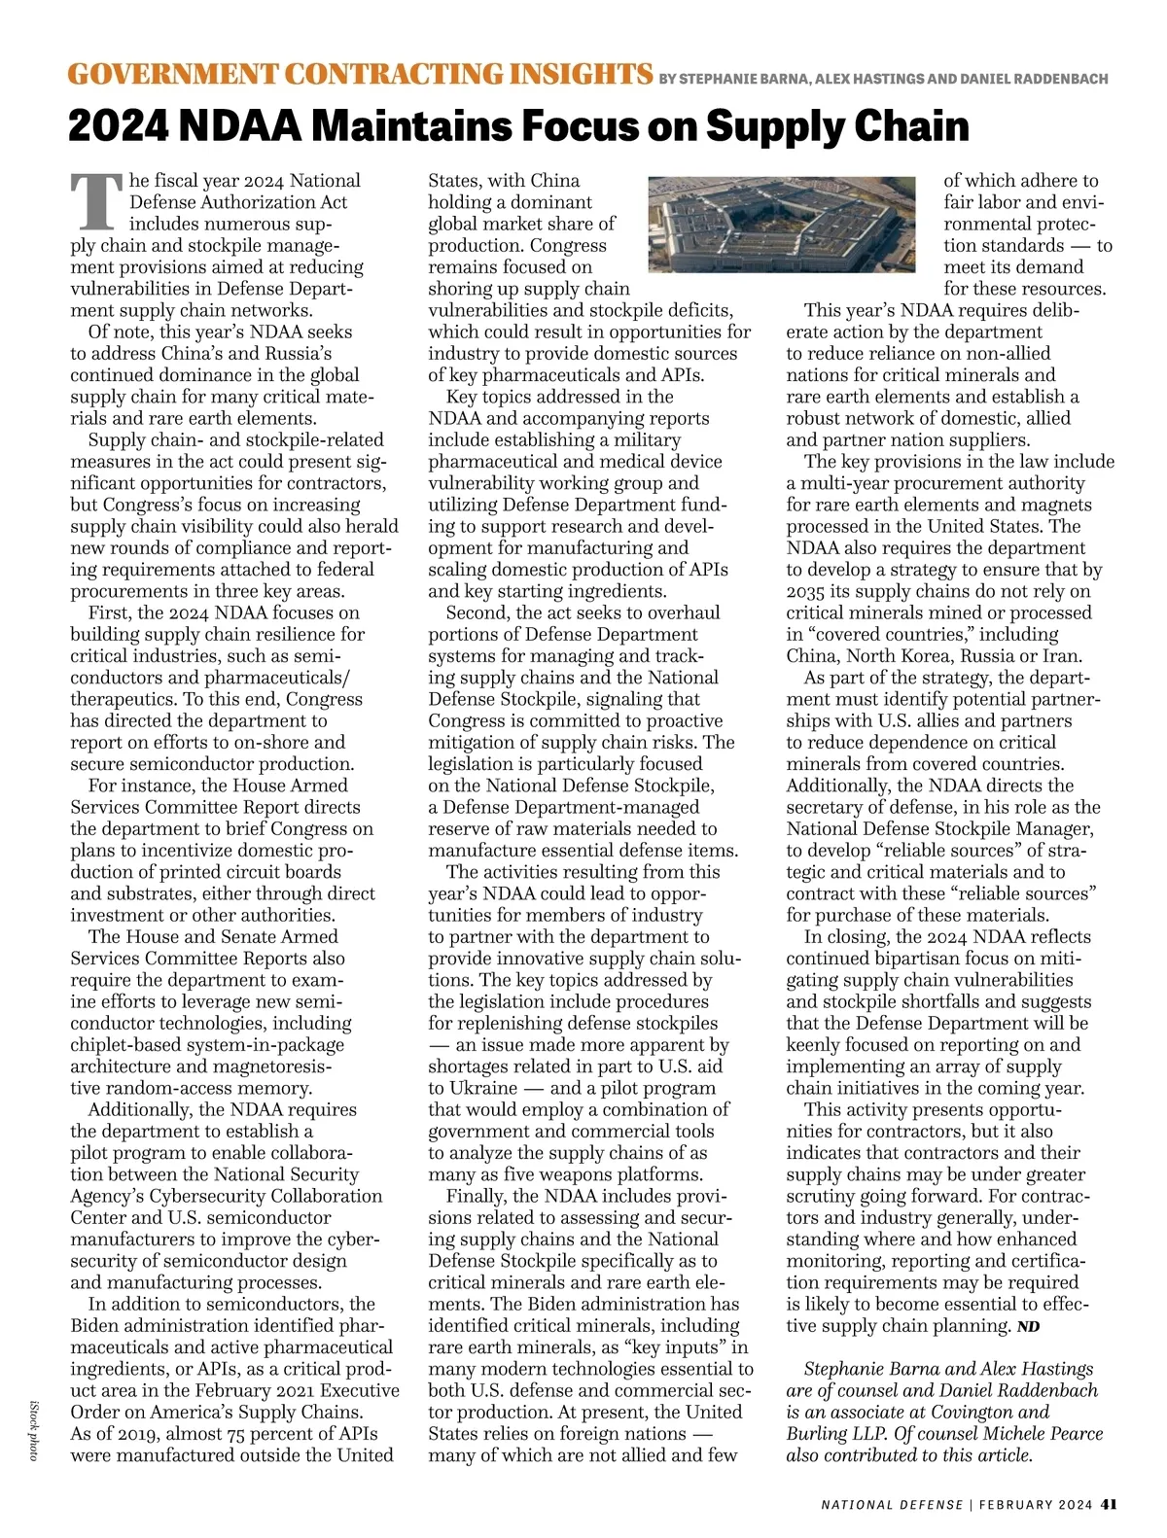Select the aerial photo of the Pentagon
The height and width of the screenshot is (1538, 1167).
(782, 225)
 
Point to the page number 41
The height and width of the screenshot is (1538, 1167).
(1109, 1504)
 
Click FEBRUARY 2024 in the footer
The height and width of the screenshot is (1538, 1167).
(1036, 1505)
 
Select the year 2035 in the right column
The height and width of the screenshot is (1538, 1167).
(807, 591)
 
